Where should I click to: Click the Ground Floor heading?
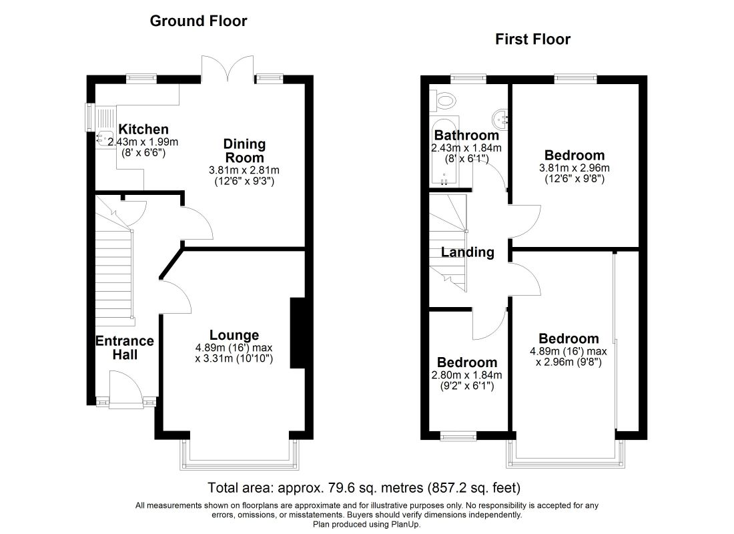coord(198,21)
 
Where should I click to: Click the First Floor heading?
coord(532,39)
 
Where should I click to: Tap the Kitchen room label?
coord(143,129)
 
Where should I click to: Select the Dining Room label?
coord(244,151)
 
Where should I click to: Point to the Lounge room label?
coord(234,335)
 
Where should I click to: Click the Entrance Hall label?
coord(125,348)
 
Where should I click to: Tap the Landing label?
coord(468,252)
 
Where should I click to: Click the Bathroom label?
coord(466,136)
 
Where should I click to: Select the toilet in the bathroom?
coord(442,100)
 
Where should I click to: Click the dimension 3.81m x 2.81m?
coord(244,170)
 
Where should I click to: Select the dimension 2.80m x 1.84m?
coord(466,375)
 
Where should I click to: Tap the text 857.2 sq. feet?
coord(474,488)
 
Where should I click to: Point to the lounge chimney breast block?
coord(298,332)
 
